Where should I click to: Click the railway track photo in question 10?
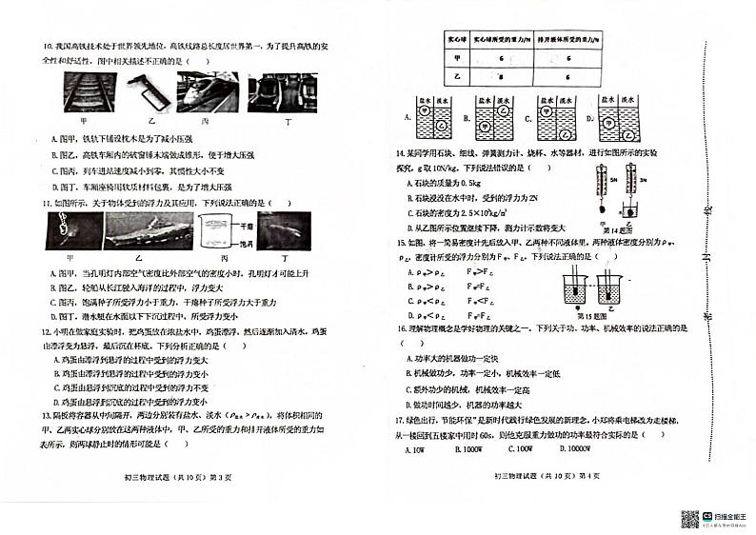pos(89,93)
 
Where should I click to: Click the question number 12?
pos(45,331)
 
